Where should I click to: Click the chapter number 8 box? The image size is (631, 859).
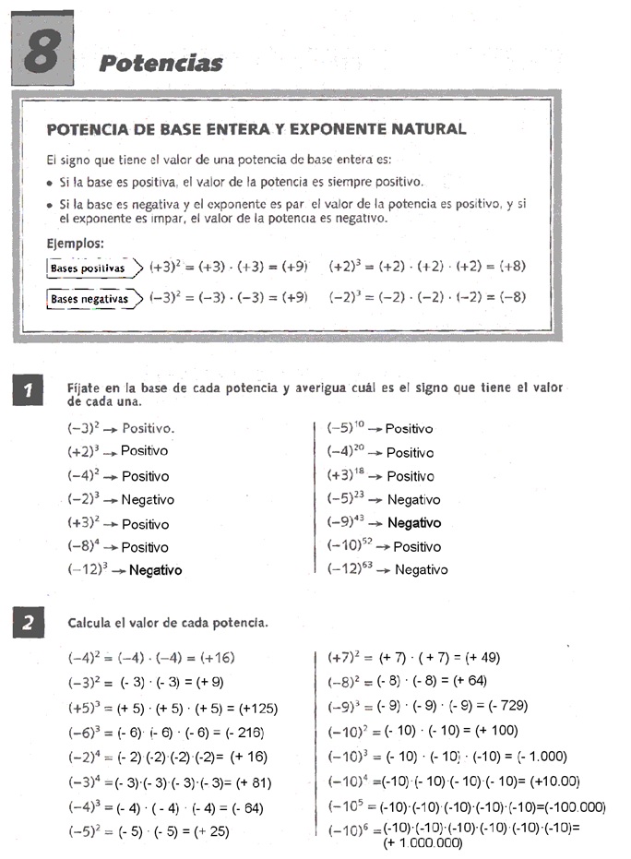(41, 52)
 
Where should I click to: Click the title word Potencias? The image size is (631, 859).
(161, 63)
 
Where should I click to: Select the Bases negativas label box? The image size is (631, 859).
(89, 299)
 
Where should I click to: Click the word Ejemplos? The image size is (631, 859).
(76, 244)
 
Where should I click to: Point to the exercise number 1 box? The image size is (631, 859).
(29, 392)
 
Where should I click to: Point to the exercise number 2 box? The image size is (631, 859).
(29, 624)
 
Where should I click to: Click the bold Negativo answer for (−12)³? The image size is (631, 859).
(155, 570)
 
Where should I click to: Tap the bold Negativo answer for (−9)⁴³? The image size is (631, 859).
(414, 522)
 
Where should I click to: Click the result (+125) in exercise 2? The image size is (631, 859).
(258, 709)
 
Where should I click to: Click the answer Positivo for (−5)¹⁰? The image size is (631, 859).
(409, 429)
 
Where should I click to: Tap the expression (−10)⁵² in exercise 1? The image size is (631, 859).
(350, 545)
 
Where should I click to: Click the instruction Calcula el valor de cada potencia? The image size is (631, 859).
(168, 623)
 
